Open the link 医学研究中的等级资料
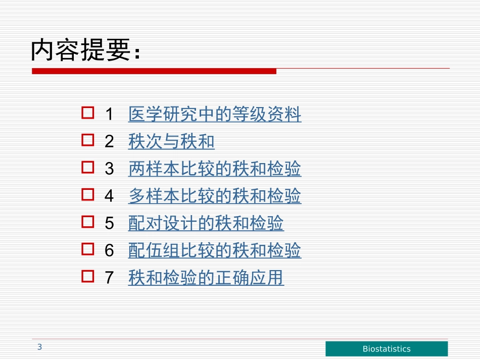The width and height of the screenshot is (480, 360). pos(215,115)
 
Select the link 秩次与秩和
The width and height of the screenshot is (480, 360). pos(171,142)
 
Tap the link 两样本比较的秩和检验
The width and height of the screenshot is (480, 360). pos(215,169)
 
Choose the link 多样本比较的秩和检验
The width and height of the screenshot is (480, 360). pos(215,196)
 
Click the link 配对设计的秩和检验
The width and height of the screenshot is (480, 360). pos(206,223)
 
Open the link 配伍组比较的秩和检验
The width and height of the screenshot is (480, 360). pos(215,250)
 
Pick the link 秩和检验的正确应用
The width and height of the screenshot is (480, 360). pos(206,278)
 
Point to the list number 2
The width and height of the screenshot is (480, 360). pos(109,142)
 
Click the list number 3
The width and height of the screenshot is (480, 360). pos(109,170)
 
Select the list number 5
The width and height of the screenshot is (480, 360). pos(109,224)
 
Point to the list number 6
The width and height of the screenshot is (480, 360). pos(109,251)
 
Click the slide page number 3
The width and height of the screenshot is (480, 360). pos(39,347)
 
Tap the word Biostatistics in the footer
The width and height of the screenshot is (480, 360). pos(387,349)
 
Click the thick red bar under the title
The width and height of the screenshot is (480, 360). pos(154,71)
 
